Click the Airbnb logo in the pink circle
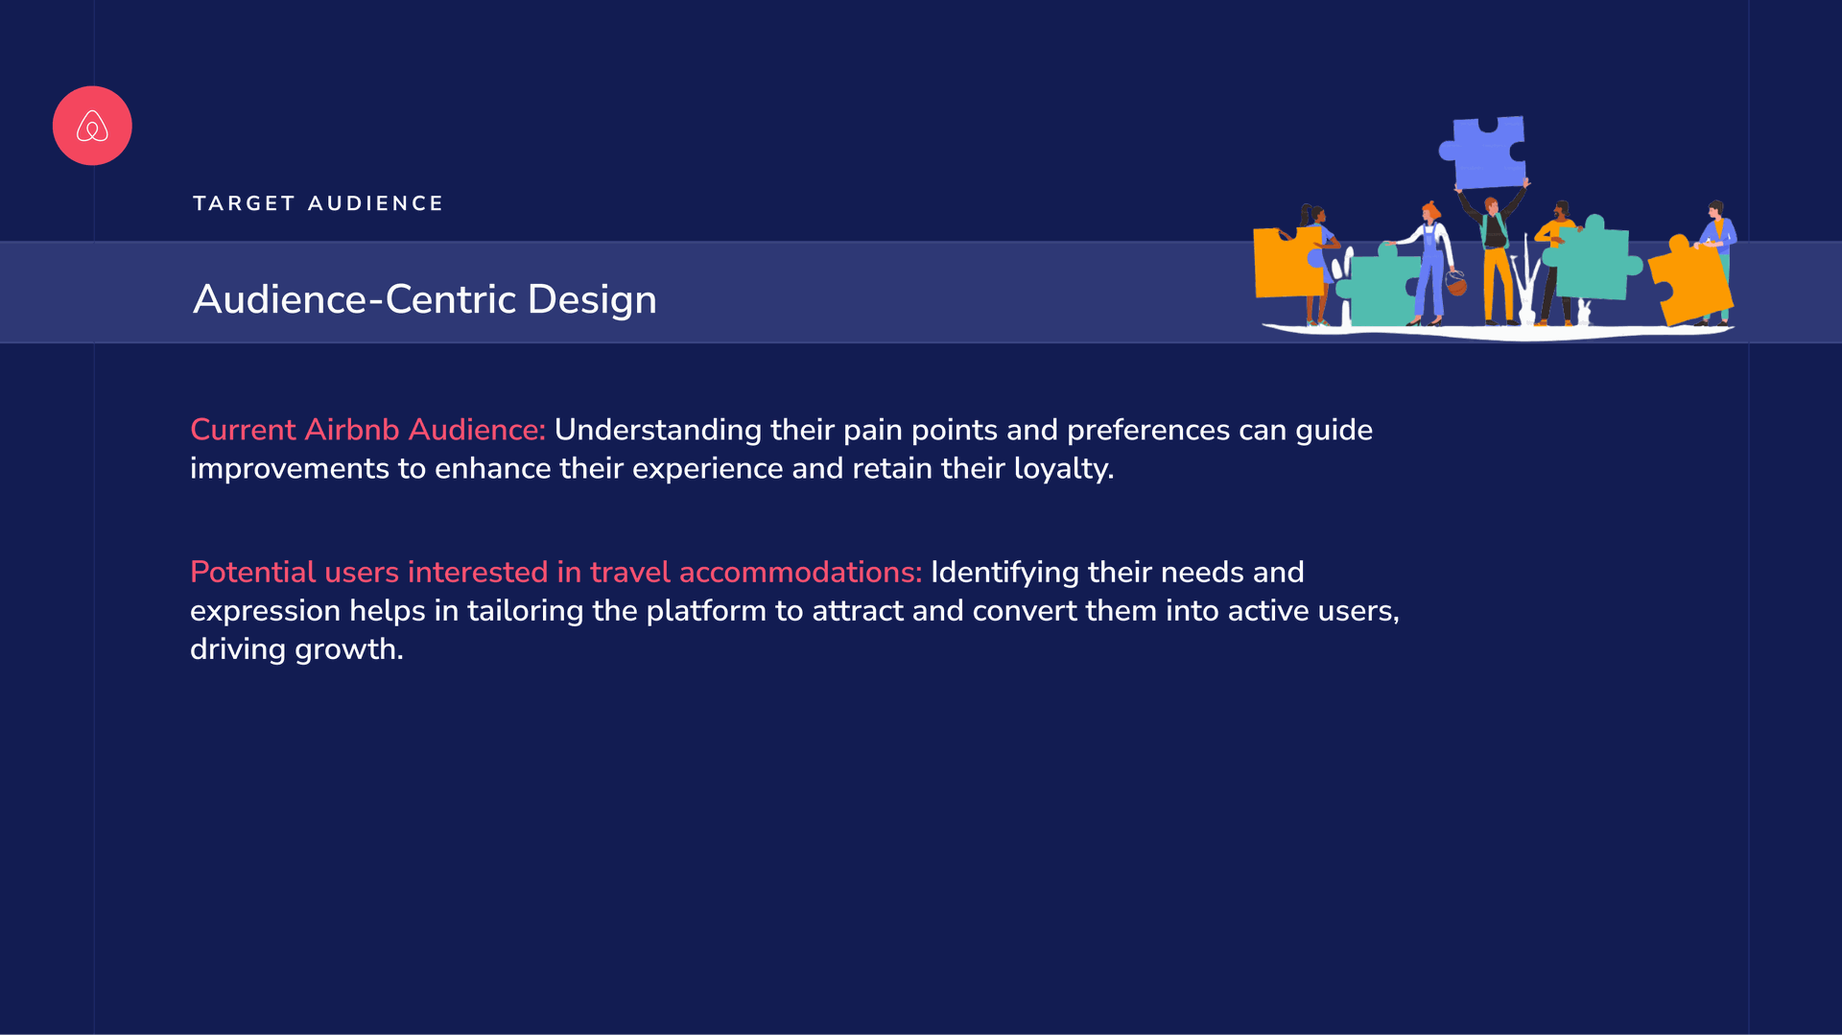click(x=92, y=126)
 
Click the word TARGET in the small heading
click(x=244, y=203)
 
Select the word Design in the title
click(x=592, y=299)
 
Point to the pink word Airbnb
click(x=352, y=430)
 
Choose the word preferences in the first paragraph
click(x=1148, y=431)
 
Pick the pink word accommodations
click(x=800, y=573)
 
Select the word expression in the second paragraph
click(x=265, y=612)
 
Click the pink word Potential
click(x=253, y=573)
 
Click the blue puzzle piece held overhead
click(x=1483, y=152)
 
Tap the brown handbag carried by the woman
click(x=1456, y=283)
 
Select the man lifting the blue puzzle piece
click(x=1493, y=254)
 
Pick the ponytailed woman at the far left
click(x=1317, y=264)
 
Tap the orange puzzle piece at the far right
click(x=1690, y=280)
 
